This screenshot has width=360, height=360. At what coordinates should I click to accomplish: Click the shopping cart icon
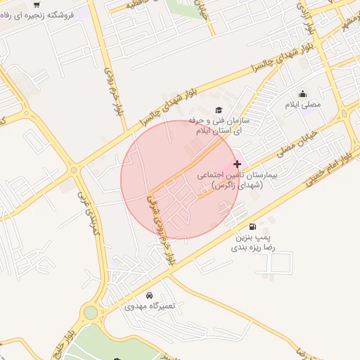(x=36, y=4)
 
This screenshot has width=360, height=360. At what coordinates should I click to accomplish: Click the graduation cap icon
(x=218, y=110)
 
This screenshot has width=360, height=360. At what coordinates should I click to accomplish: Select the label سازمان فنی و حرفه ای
(x=217, y=126)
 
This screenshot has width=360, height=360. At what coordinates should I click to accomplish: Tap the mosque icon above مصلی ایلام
(x=302, y=94)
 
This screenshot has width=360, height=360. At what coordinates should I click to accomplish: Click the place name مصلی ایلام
(x=302, y=104)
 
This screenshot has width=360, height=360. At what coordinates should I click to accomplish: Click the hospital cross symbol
(x=236, y=163)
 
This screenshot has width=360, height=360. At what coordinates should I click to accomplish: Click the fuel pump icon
(x=252, y=226)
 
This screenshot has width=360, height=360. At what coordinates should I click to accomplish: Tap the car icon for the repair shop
(x=149, y=295)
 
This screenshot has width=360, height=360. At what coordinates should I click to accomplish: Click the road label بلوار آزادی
(x=307, y=22)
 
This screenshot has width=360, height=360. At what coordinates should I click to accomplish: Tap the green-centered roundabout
(x=91, y=312)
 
